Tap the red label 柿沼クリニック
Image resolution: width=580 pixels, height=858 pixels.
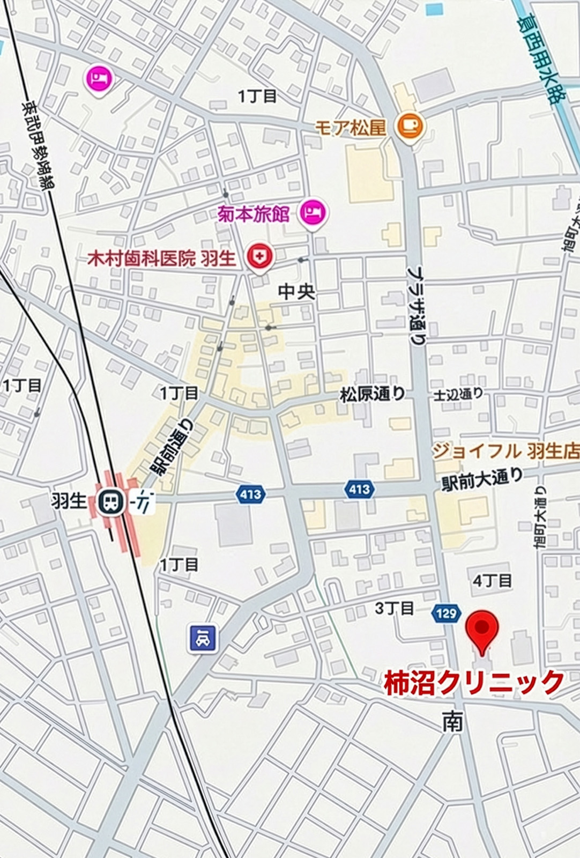click(x=474, y=683)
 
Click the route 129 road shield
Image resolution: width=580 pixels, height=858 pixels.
click(x=446, y=613)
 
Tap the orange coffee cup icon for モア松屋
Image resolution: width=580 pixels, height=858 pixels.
click(x=410, y=127)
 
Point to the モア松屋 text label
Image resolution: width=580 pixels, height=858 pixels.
click(x=350, y=128)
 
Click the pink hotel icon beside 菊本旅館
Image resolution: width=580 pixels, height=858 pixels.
click(x=313, y=213)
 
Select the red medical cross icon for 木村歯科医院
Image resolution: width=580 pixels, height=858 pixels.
click(x=260, y=257)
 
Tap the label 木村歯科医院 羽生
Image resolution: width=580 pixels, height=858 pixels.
click(x=161, y=259)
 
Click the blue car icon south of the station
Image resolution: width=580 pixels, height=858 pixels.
click(x=203, y=638)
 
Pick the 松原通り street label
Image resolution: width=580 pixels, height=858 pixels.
click(x=373, y=394)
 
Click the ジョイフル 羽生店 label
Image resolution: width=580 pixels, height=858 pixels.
click(x=505, y=451)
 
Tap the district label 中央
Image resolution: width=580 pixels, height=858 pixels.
click(x=296, y=292)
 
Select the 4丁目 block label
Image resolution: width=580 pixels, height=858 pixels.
click(x=492, y=581)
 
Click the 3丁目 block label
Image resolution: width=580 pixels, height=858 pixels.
click(x=394, y=608)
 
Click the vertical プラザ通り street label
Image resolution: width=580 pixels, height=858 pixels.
click(x=417, y=305)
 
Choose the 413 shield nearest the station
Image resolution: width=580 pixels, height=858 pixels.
click(x=250, y=494)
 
